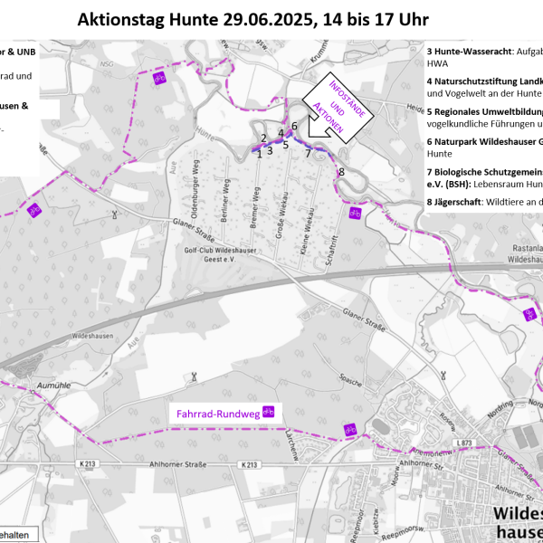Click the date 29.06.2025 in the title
click(x=258, y=19)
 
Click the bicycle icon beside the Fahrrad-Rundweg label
click(x=268, y=413)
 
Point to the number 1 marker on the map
click(x=260, y=154)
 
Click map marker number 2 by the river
click(x=263, y=138)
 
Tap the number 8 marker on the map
click(x=341, y=172)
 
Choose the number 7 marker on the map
click(x=308, y=153)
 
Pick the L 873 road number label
click(x=465, y=443)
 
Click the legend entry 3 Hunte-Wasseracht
click(x=485, y=52)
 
